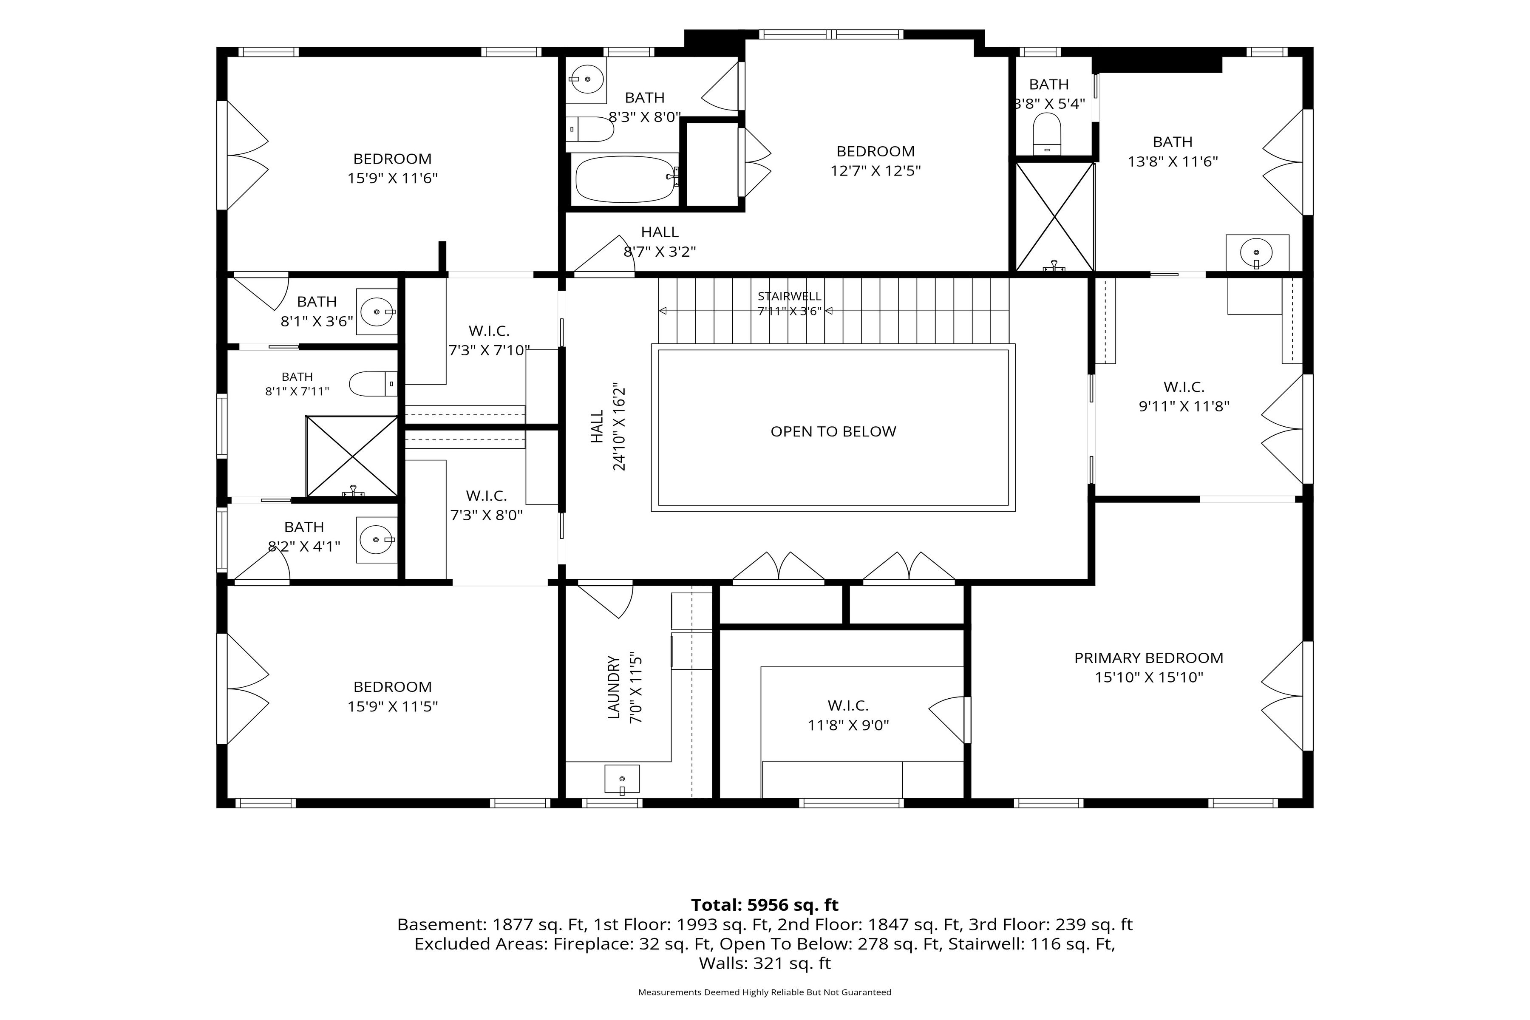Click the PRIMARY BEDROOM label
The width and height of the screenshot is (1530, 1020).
[1149, 657]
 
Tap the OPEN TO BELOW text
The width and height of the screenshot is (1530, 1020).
[833, 431]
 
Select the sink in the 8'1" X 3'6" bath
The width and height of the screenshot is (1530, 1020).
[377, 312]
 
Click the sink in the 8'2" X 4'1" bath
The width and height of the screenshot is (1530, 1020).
[377, 540]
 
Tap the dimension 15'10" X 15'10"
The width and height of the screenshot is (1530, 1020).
[1149, 677]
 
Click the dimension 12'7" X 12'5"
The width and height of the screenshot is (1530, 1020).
[875, 170]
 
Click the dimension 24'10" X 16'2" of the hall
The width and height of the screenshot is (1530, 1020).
[619, 428]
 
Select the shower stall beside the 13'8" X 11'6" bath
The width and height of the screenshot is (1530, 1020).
[1054, 217]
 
